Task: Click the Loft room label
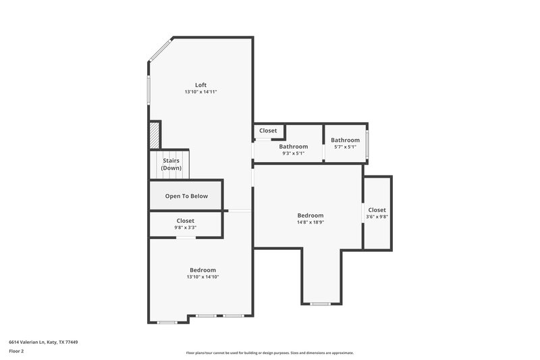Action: click(200, 85)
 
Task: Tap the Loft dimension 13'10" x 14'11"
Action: click(200, 92)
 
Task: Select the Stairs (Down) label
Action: click(171, 164)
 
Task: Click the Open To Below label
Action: click(186, 197)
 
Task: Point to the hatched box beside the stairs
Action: click(155, 134)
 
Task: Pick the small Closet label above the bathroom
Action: click(268, 130)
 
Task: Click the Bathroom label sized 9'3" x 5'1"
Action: click(294, 147)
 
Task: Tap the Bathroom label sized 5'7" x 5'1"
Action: click(345, 140)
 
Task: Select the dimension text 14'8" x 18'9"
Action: click(310, 222)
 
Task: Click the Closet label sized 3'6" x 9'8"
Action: click(377, 210)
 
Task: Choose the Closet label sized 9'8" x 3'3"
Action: click(186, 221)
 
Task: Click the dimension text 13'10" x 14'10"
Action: click(202, 276)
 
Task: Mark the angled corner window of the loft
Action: click(160, 50)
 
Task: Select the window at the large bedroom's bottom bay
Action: click(320, 304)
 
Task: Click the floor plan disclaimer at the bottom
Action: click(269, 353)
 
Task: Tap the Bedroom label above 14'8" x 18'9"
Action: click(310, 215)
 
